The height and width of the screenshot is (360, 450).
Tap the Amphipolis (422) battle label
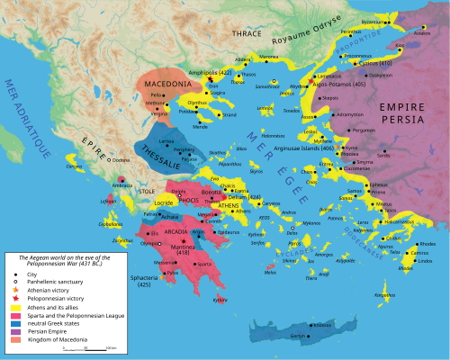[x=211, y=71]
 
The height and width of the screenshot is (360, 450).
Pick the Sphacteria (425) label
[x=147, y=282]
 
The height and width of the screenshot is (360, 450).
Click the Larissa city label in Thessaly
[x=166, y=142]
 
